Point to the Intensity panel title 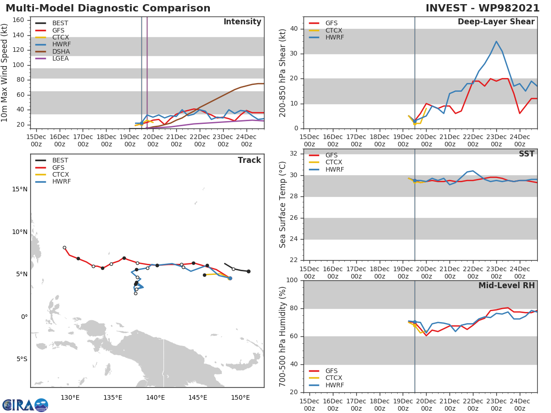point(242,22)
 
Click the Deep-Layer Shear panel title point(496,22)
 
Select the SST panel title point(527,154)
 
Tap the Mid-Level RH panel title point(506,285)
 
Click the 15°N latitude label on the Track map point(19,190)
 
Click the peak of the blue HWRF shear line point(496,41)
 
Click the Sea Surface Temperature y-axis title point(283,204)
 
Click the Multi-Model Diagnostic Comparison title point(108,8)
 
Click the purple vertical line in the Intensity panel point(147,69)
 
